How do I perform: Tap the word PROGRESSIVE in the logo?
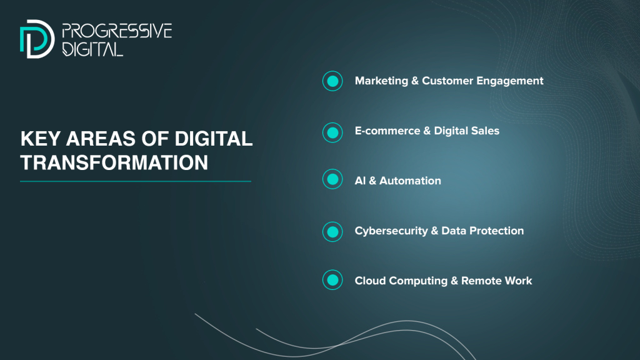(x=117, y=31)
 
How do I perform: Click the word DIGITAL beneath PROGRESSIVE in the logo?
(x=92, y=49)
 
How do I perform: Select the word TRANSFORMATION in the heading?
(x=114, y=162)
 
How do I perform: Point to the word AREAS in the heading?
(x=101, y=139)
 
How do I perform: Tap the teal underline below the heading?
(x=136, y=181)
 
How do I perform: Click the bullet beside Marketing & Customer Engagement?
(x=332, y=81)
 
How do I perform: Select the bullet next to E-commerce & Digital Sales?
(x=332, y=132)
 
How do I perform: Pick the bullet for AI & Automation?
(x=332, y=179)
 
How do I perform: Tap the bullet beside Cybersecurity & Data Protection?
(x=332, y=231)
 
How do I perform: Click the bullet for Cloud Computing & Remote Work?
(x=332, y=279)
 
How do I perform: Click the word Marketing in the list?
(x=381, y=81)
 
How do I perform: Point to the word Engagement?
(x=510, y=81)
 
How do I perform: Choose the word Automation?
(x=410, y=181)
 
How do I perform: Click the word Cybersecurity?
(x=391, y=231)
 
